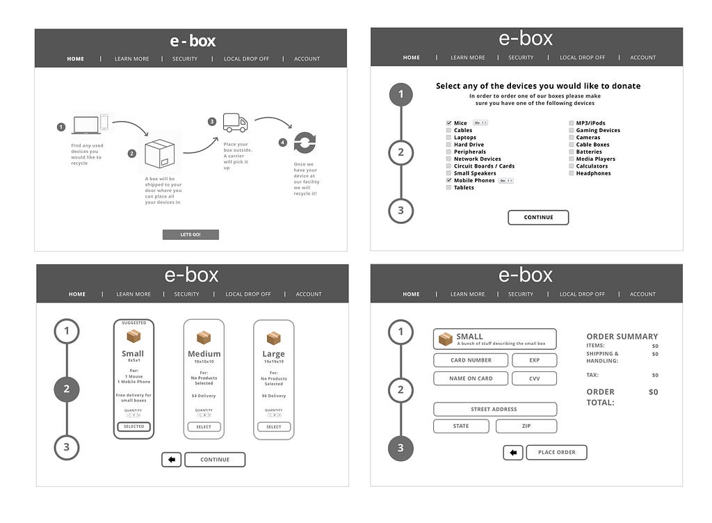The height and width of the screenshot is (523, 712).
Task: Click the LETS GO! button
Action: (x=191, y=235)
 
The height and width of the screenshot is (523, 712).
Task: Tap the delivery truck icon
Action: (x=235, y=123)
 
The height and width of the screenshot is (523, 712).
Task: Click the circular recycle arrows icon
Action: (x=305, y=143)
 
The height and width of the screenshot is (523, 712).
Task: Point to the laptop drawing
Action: (x=86, y=124)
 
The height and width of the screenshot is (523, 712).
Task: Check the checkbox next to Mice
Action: (x=448, y=123)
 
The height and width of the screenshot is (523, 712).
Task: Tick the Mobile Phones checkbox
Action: (x=448, y=181)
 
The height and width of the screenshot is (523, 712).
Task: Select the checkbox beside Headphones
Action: (x=572, y=173)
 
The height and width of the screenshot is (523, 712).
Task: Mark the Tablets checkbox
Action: (x=448, y=188)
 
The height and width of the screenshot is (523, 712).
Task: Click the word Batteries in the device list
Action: (x=589, y=152)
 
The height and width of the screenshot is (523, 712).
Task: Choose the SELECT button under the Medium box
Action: (x=204, y=427)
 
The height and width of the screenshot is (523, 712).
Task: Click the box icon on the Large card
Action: (x=274, y=338)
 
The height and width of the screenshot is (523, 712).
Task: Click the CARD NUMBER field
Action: (x=471, y=360)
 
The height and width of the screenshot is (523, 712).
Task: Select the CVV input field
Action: (x=534, y=378)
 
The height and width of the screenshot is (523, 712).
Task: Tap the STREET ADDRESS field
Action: (x=494, y=409)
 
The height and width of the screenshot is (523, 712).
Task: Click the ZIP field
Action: (x=526, y=426)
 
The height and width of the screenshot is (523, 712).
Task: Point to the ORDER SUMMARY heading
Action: (x=622, y=337)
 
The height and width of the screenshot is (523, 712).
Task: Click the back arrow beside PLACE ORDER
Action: (x=513, y=453)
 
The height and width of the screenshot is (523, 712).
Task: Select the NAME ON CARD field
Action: (x=471, y=378)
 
